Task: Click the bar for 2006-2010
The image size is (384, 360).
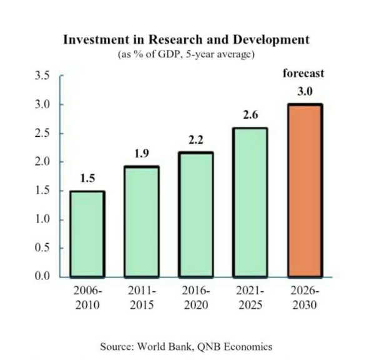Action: (87, 234)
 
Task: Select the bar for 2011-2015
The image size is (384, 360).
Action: (141, 221)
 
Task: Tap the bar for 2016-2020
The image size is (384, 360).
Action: (195, 214)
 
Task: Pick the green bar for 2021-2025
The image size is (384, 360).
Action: (250, 202)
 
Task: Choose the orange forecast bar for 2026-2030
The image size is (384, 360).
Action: (304, 190)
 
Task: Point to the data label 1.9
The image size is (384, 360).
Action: (141, 154)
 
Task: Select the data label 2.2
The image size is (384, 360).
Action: (195, 140)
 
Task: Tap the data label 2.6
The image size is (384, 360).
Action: (250, 116)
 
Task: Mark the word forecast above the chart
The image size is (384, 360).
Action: (303, 73)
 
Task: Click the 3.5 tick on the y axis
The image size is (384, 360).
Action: (42, 76)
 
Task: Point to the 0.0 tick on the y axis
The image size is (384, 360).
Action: (42, 276)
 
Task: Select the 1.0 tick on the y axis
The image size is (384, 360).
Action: (42, 219)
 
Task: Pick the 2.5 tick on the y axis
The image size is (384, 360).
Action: (42, 134)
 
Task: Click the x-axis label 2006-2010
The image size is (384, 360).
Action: (87, 298)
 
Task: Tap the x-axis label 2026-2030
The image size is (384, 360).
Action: (304, 298)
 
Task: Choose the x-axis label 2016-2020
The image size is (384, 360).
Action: (195, 298)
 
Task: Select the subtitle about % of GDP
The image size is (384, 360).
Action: (185, 54)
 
